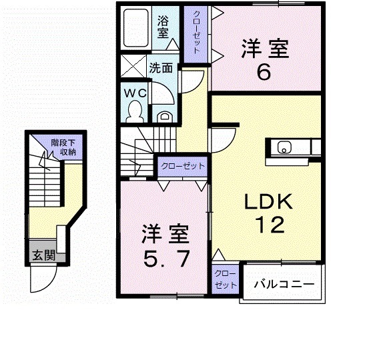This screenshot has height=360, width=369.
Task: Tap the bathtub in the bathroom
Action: click(138, 29)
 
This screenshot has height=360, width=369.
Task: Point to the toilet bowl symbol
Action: click(135, 109)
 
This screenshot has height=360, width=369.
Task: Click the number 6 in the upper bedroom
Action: click(264, 71)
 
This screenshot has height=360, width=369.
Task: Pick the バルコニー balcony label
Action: click(282, 284)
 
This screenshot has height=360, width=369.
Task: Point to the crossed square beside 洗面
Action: click(132, 68)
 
